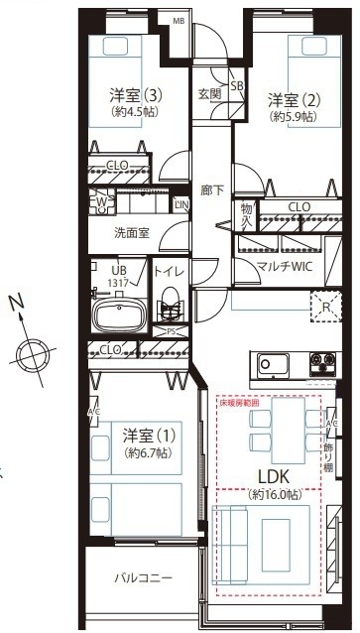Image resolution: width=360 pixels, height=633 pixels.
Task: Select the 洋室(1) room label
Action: [x=145, y=437]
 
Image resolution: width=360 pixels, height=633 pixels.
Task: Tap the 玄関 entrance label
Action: [x=209, y=94]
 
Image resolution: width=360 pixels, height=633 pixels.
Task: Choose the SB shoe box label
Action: [x=237, y=86]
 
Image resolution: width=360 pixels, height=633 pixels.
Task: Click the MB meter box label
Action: [x=180, y=20]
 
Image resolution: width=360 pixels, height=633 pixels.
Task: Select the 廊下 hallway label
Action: [x=211, y=189]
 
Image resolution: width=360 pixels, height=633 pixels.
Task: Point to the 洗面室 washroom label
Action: [x=132, y=234]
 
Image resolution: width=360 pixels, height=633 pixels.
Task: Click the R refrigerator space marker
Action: [x=323, y=307]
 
